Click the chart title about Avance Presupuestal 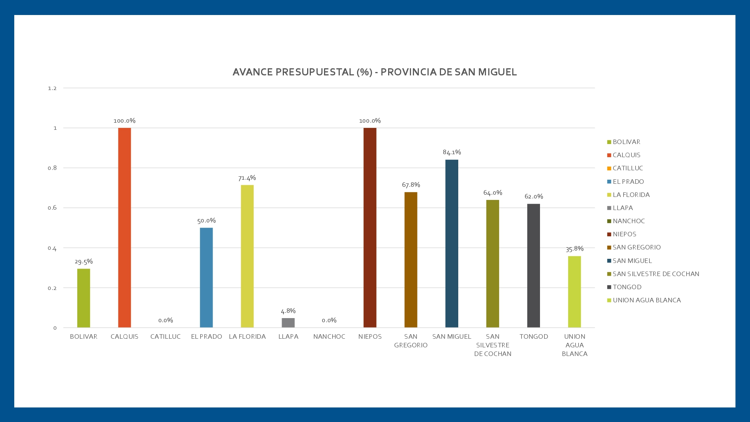coord(375,72)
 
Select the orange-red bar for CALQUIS coord(124,227)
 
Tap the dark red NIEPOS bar coord(370,227)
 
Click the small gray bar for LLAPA coord(288,323)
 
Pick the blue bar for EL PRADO coord(206,278)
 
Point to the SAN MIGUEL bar coord(451,244)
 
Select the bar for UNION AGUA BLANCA coord(574,292)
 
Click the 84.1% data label coord(451,152)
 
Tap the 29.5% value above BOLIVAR coord(84,262)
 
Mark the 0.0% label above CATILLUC coord(165,320)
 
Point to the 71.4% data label coord(247,178)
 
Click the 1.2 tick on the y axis coord(52,89)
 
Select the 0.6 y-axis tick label coord(52,208)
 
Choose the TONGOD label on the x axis coord(534,336)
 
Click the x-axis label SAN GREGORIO coord(411,341)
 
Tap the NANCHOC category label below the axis coord(329,336)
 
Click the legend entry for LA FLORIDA coord(631,195)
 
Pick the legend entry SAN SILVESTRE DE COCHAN coord(655,274)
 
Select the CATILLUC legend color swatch coord(609,168)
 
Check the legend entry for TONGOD coord(627,287)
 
